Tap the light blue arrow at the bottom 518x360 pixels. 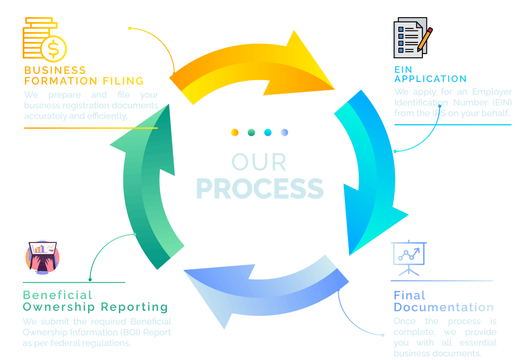pos(263,289)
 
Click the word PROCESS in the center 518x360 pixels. pos(260,188)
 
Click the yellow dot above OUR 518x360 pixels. pos(235,133)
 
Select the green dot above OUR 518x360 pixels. pos(251,133)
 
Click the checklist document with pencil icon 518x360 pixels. pos(412,38)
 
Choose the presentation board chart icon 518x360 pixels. pos(409,256)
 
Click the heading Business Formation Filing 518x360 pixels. pos(83,75)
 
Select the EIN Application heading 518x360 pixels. pos(430,74)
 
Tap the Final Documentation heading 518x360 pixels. pos(443,302)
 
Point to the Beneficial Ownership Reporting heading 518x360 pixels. pos(95,301)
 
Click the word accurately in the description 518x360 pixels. pos(45,115)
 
